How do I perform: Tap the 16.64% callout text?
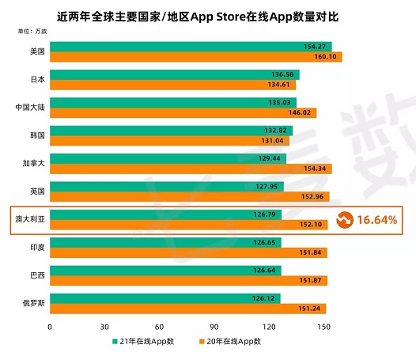[376, 220]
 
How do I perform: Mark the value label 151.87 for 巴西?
[310, 281]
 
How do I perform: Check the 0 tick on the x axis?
[50, 325]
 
